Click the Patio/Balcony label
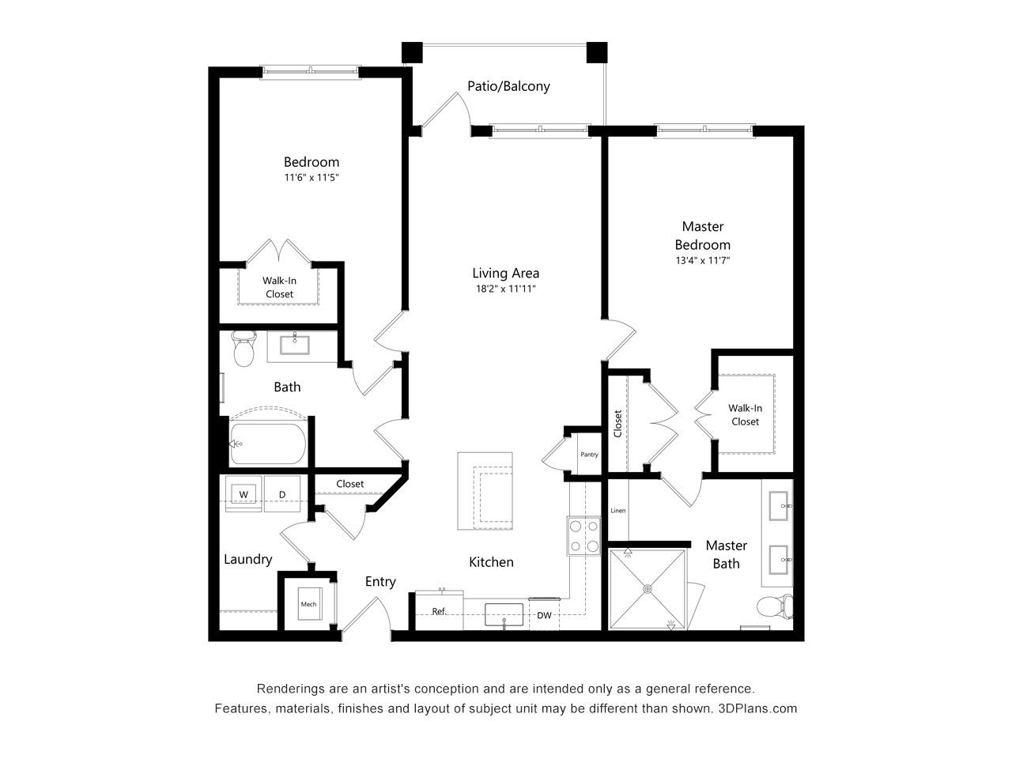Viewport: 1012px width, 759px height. tap(508, 86)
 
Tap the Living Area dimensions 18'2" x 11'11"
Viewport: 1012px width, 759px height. tap(505, 289)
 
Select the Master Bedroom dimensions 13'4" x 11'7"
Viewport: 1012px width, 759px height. tap(702, 260)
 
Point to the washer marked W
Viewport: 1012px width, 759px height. tap(244, 494)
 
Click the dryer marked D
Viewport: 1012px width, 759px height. tap(282, 494)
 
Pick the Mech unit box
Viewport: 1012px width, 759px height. tap(309, 604)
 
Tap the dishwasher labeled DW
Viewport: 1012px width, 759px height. tap(544, 614)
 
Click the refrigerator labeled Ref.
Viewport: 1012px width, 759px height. tap(439, 610)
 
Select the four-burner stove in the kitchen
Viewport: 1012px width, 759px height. tap(583, 536)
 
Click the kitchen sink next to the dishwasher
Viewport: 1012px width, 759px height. tap(504, 614)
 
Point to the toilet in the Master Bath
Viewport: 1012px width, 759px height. tap(775, 606)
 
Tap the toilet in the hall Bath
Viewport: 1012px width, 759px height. tap(244, 349)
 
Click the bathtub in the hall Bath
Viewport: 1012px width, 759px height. tap(268, 444)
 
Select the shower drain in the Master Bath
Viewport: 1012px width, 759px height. tap(648, 589)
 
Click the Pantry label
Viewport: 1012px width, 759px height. tap(589, 455)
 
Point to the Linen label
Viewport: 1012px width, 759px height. tap(617, 511)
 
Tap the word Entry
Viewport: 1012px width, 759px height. tap(380, 582)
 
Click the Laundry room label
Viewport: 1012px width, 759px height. tap(247, 560)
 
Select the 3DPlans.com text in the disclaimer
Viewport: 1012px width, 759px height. tap(757, 708)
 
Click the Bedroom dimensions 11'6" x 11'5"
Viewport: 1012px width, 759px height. tap(312, 177)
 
